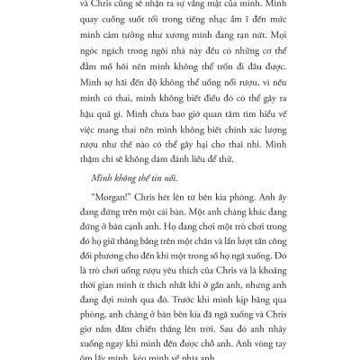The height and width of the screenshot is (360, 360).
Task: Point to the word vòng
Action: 243,347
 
